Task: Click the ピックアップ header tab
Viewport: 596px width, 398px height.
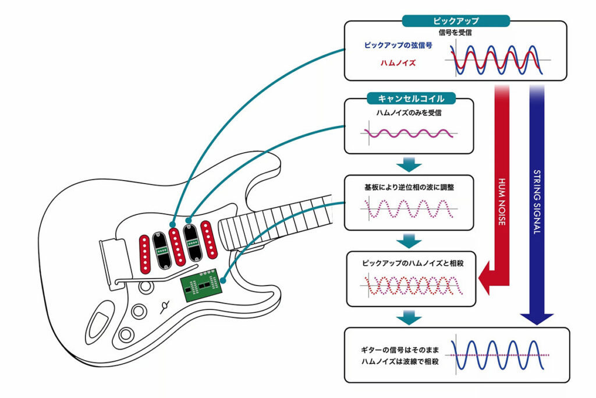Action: [456, 21]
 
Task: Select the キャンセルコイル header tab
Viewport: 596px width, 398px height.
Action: [411, 98]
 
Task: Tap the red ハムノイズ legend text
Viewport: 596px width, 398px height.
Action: [398, 63]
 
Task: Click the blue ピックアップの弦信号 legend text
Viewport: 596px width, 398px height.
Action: [398, 45]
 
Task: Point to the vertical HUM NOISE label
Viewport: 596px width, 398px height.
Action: [502, 202]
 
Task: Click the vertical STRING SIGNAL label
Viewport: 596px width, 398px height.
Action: [537, 202]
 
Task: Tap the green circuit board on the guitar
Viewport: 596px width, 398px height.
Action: [201, 285]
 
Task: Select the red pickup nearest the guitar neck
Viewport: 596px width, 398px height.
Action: [209, 239]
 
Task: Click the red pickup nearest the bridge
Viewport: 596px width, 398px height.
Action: [144, 254]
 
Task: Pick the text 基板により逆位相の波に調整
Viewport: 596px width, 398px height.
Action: [409, 187]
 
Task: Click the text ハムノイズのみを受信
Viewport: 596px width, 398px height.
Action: [409, 112]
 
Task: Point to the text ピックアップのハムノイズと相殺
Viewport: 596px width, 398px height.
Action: [413, 263]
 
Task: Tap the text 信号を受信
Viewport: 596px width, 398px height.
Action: [455, 33]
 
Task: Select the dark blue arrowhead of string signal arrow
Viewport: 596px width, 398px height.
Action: [537, 319]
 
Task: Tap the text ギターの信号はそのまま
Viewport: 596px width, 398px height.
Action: [399, 350]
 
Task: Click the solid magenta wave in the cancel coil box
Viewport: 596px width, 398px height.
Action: [409, 133]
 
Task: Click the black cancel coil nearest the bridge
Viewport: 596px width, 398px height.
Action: [162, 249]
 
